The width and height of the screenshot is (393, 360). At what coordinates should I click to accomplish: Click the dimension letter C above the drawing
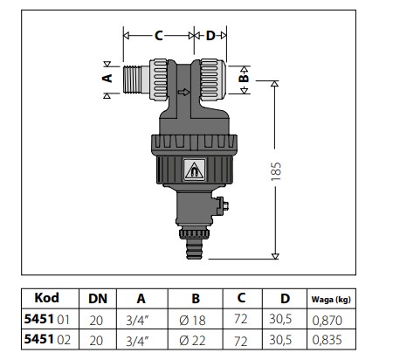pos(158,36)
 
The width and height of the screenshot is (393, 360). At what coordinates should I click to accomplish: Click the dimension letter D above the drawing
pos(210,36)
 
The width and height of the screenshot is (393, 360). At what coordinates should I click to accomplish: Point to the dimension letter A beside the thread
pos(107,78)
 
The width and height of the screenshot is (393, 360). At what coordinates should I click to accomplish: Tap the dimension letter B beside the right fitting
pos(244,79)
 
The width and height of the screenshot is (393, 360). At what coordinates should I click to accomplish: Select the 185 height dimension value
pos(276,171)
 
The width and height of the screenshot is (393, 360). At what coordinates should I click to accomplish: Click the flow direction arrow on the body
pos(183,93)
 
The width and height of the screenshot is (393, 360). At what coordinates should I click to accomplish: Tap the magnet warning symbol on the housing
pos(194,170)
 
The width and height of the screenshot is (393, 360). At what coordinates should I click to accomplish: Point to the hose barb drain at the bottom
pos(194,249)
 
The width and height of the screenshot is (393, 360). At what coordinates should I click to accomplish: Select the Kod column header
pos(46,298)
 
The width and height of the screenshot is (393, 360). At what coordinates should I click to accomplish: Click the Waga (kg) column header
pos(331,300)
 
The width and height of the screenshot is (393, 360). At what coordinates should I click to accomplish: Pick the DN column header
pos(98,299)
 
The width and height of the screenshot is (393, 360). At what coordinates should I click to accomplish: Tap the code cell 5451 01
pos(47,319)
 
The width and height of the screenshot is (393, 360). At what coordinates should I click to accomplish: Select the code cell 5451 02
pos(47,339)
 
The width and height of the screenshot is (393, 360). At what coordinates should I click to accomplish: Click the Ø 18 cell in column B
pos(192,321)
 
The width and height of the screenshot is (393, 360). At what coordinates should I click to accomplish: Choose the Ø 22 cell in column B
pos(192,341)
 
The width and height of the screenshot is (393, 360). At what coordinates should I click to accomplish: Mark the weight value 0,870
pos(327,321)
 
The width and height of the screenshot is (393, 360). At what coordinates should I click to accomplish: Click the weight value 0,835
pos(327,340)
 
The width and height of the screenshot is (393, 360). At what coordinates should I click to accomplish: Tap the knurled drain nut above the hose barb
pos(194,233)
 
